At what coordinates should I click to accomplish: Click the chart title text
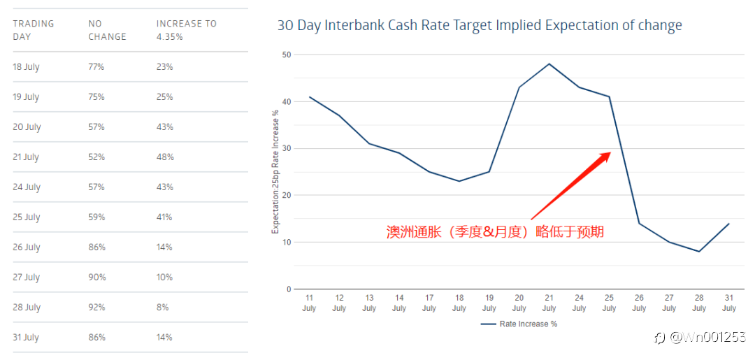tap(480, 26)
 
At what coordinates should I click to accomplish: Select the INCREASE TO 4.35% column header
tap(186, 30)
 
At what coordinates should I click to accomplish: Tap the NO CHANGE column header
tap(107, 30)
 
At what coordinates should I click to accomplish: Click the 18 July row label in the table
tap(27, 67)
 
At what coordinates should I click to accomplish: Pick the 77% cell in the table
tap(96, 67)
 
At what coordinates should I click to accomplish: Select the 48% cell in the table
tap(165, 157)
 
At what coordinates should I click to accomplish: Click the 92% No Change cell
tap(96, 308)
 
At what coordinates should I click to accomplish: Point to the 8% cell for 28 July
tap(162, 308)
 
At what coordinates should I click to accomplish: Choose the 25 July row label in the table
tap(27, 217)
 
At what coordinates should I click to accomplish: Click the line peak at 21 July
tap(549, 64)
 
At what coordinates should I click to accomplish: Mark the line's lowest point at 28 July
tap(699, 252)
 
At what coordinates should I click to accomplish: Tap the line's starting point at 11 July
tap(309, 96)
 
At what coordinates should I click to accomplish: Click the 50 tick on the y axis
tap(286, 55)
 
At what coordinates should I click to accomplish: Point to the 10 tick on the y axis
tap(286, 242)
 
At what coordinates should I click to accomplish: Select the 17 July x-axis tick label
tap(429, 303)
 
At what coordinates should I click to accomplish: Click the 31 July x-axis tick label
tap(729, 303)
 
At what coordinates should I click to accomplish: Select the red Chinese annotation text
tap(495, 232)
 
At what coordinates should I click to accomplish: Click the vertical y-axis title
tap(275, 171)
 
